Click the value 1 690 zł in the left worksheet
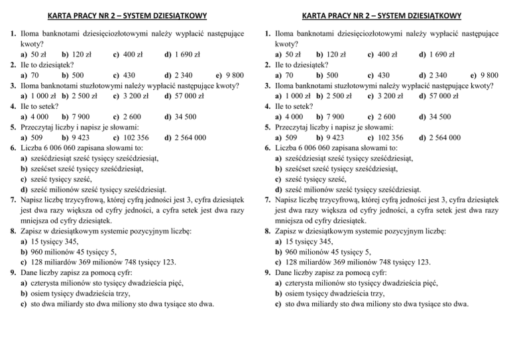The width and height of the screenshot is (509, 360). click(x=191, y=54)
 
